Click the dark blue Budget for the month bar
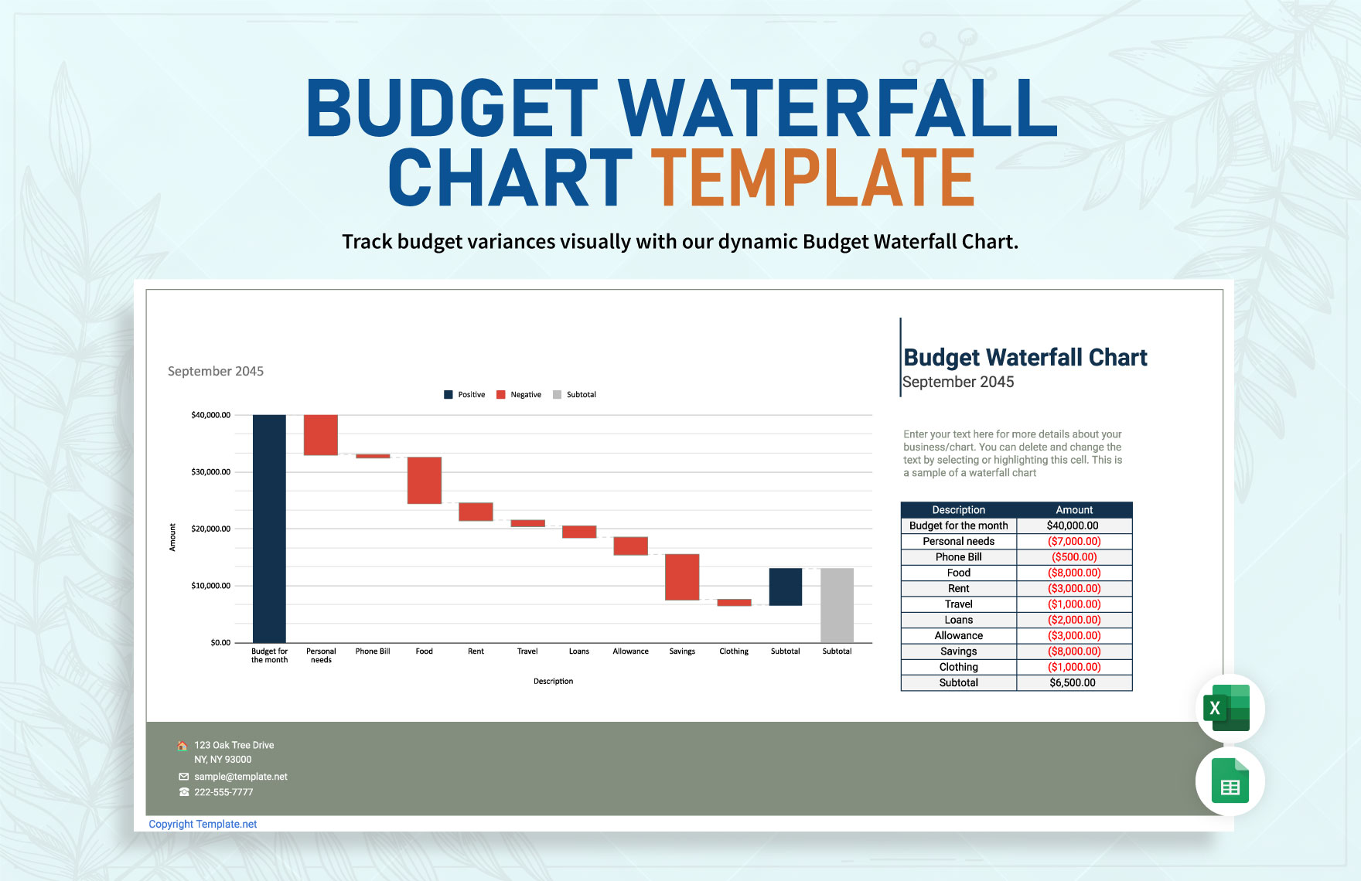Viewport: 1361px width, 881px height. (269, 529)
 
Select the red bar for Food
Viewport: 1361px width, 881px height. (425, 480)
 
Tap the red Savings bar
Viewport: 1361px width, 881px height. (682, 577)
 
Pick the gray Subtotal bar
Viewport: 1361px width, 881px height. (837, 605)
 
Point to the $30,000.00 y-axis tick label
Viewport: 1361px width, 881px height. (211, 472)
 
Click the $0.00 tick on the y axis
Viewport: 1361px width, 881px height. (220, 643)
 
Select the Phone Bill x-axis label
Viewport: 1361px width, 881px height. (373, 651)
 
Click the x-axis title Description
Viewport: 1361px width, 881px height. (553, 682)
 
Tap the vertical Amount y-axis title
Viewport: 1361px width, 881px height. (172, 537)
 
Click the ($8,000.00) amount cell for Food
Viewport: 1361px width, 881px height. (1074, 573)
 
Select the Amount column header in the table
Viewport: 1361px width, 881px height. (1074, 510)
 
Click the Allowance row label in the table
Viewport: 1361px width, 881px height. (958, 636)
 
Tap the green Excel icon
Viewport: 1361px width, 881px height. (1230, 708)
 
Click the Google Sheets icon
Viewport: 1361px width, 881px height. (1230, 781)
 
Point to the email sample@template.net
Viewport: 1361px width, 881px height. (240, 777)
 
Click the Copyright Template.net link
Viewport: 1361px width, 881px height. (203, 825)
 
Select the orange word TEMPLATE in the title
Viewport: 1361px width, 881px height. (812, 179)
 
